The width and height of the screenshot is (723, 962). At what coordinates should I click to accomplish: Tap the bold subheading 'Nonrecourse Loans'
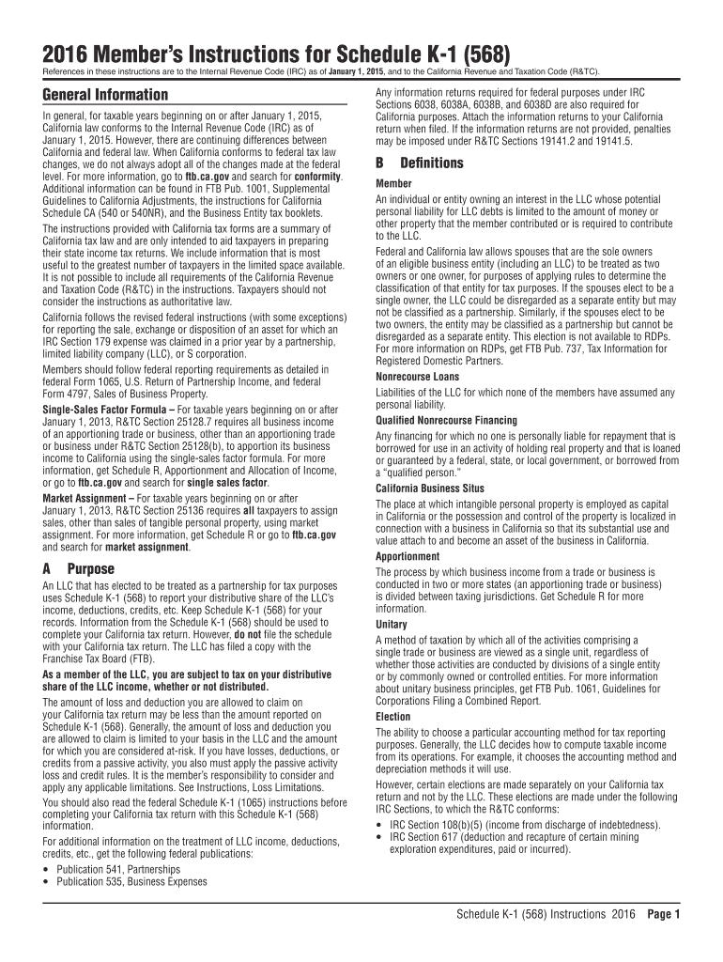click(417, 376)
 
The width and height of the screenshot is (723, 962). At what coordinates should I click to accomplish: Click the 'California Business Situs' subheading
click(430, 489)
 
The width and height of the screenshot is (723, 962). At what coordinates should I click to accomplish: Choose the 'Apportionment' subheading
click(408, 556)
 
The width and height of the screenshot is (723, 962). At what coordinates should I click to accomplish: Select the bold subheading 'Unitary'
click(392, 624)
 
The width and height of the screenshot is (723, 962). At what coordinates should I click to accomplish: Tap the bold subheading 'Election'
click(393, 716)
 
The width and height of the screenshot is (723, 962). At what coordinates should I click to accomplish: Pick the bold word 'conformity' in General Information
click(316, 176)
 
